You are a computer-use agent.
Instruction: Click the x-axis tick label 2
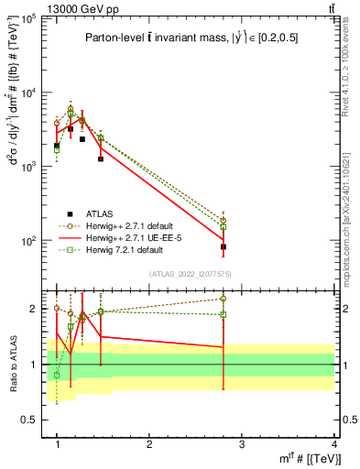tap(149, 444)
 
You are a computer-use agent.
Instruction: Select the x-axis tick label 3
tap(242, 444)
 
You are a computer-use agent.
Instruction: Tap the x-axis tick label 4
tap(333, 444)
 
